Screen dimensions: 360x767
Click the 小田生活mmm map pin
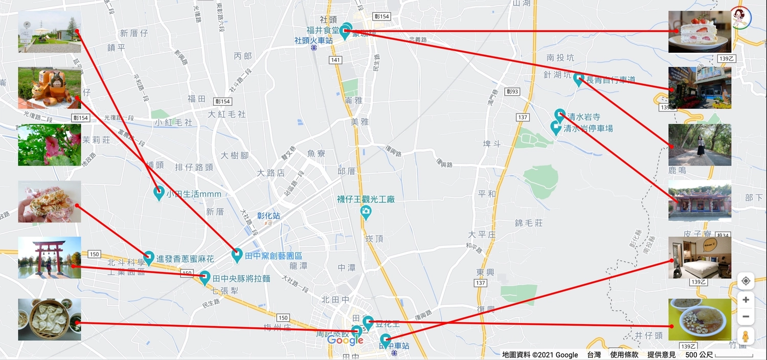tap(159, 193)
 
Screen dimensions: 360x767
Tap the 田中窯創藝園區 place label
tap(274, 256)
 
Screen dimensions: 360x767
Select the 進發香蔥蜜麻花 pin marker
tap(149, 257)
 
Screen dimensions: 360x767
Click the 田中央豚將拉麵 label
tap(241, 279)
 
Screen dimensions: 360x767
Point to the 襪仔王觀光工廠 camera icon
tap(365, 212)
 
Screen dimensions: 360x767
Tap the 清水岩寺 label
tap(582, 117)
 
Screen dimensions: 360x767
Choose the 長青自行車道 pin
tap(579, 79)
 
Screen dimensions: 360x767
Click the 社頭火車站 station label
tap(313, 40)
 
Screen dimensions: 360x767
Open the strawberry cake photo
tap(699, 32)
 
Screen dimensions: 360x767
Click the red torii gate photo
tap(50, 257)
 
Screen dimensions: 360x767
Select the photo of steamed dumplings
tap(50, 320)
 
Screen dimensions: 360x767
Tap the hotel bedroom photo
tap(699, 257)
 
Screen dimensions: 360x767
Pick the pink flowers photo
tap(50, 145)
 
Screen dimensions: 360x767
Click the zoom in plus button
tap(746, 300)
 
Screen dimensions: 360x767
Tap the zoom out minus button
tap(746, 317)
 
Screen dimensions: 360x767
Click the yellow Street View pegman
tap(746, 336)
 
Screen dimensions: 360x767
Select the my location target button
tap(746, 281)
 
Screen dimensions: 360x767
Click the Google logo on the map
tap(345, 341)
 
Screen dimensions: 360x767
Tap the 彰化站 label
tap(268, 216)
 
